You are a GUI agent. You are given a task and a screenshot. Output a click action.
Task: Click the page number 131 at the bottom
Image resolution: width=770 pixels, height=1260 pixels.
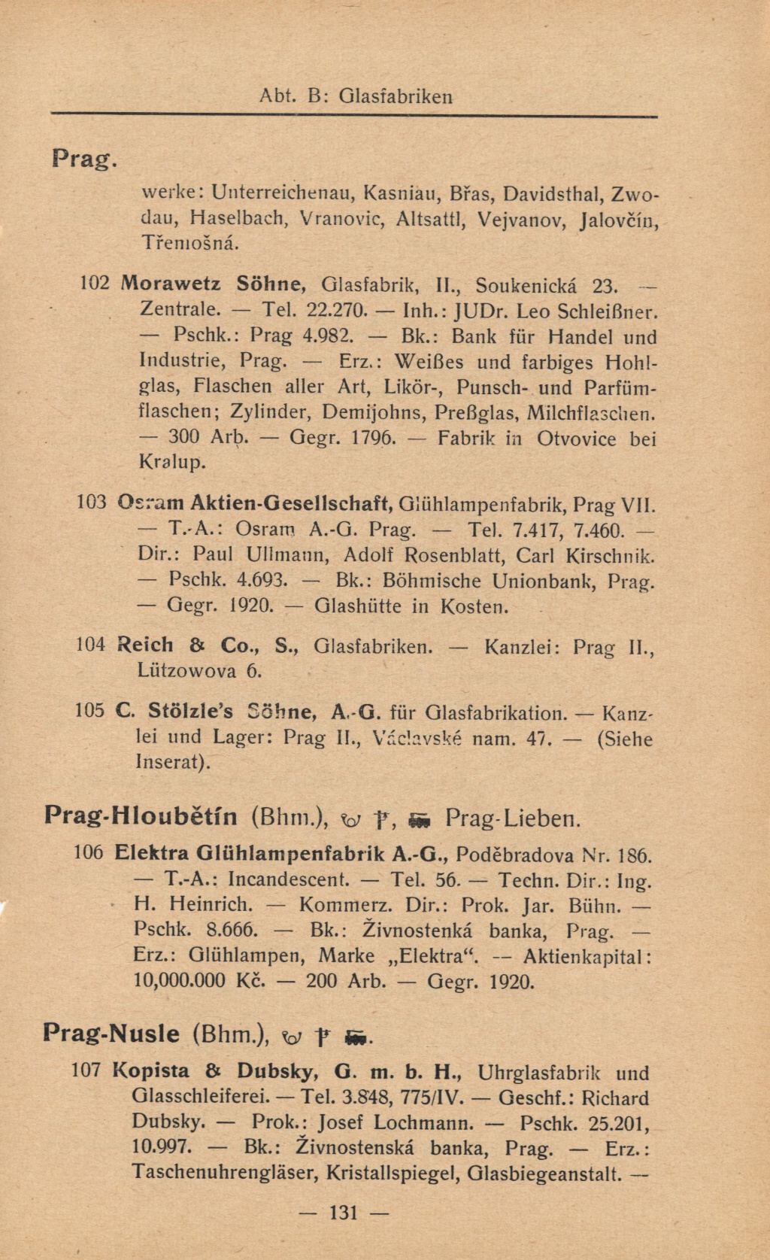pos(342,1212)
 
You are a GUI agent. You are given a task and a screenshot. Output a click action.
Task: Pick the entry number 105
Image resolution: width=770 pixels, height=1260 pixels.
pos(90,712)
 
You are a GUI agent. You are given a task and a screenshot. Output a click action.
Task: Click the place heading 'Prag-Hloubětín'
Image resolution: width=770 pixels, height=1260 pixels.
pos(141,816)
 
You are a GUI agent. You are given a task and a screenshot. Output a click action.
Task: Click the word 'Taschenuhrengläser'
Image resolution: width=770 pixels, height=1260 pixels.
pos(220,1173)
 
